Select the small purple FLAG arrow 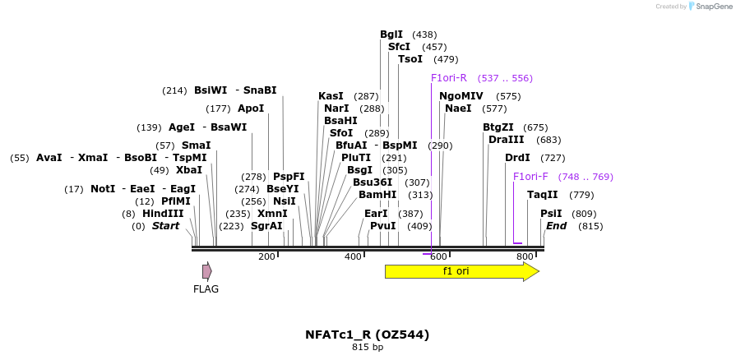click(x=207, y=271)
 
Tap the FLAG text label click(x=206, y=289)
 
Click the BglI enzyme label click(x=391, y=35)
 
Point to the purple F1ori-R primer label click(x=449, y=78)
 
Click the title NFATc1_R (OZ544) click(x=368, y=335)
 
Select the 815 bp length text click(x=368, y=348)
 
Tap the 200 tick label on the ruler click(x=266, y=257)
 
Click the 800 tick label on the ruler click(x=525, y=257)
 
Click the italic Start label click(x=165, y=226)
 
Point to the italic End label click(x=557, y=226)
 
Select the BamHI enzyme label click(x=377, y=195)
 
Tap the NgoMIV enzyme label click(x=461, y=96)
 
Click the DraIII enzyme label click(x=506, y=140)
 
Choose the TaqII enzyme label click(x=543, y=195)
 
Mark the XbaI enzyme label click(x=189, y=170)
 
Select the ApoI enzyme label click(x=251, y=108)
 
